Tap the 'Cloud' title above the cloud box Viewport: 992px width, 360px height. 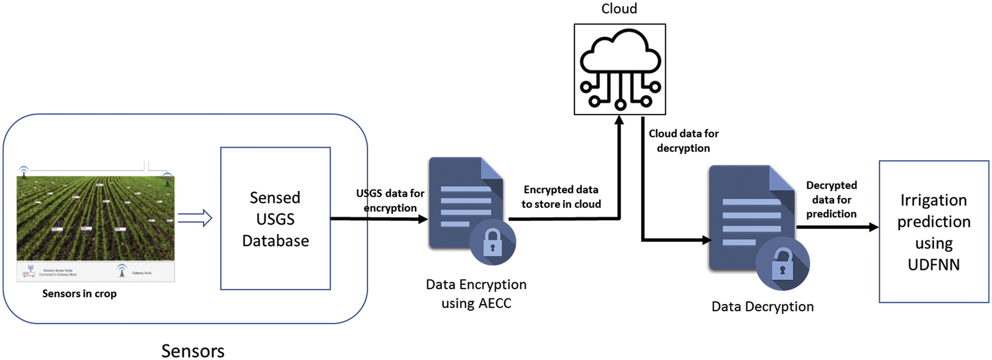point(619,9)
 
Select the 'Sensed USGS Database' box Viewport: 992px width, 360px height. point(275,219)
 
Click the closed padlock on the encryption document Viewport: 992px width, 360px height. point(492,242)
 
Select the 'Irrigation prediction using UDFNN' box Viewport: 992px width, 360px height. point(933,232)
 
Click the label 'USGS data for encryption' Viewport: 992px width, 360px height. point(390,200)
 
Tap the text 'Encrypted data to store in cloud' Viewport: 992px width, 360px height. point(561,197)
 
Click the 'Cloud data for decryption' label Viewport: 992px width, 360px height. point(683,141)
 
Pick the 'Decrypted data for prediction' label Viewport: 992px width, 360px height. point(831,199)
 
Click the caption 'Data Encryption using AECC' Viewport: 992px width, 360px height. point(476,293)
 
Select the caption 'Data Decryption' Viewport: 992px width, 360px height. point(762,307)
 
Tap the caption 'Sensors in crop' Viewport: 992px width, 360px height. point(79,293)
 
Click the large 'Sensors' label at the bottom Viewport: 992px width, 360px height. point(193,351)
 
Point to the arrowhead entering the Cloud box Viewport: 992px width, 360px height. point(619,121)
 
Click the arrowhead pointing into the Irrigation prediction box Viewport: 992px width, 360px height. point(873,227)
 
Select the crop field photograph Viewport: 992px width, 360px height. point(96,219)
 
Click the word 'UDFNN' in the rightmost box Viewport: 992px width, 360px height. point(933,264)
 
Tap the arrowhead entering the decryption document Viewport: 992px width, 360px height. point(706,240)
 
